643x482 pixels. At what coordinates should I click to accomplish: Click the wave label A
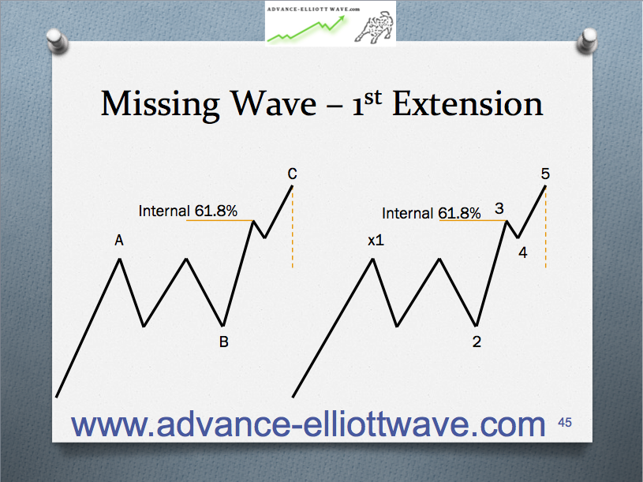pyautogui.click(x=119, y=240)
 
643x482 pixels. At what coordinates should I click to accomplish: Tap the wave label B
pyautogui.click(x=223, y=342)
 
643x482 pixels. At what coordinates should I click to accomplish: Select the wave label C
pyautogui.click(x=292, y=174)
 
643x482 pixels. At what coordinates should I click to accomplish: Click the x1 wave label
pyautogui.click(x=376, y=240)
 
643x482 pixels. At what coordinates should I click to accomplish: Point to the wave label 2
pyautogui.click(x=477, y=342)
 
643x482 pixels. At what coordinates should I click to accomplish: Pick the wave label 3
pyautogui.click(x=499, y=208)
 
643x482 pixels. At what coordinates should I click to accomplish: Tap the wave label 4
pyautogui.click(x=523, y=252)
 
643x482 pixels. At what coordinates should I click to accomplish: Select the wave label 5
pyautogui.click(x=545, y=174)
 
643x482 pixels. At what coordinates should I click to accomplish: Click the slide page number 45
pyautogui.click(x=565, y=423)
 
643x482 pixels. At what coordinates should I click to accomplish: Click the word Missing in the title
pyautogui.click(x=160, y=104)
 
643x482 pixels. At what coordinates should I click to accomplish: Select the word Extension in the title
pyautogui.click(x=468, y=103)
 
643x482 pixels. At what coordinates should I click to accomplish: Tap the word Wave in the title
pyautogui.click(x=274, y=103)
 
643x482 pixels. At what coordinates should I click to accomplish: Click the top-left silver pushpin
pyautogui.click(x=57, y=41)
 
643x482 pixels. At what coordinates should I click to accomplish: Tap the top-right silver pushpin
pyautogui.click(x=587, y=41)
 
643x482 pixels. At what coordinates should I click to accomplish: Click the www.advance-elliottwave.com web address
pyautogui.click(x=308, y=424)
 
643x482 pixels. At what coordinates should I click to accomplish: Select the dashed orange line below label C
pyautogui.click(x=293, y=227)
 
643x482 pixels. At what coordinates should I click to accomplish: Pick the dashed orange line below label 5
pyautogui.click(x=545, y=227)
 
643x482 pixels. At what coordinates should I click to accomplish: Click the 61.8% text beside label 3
pyautogui.click(x=459, y=213)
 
